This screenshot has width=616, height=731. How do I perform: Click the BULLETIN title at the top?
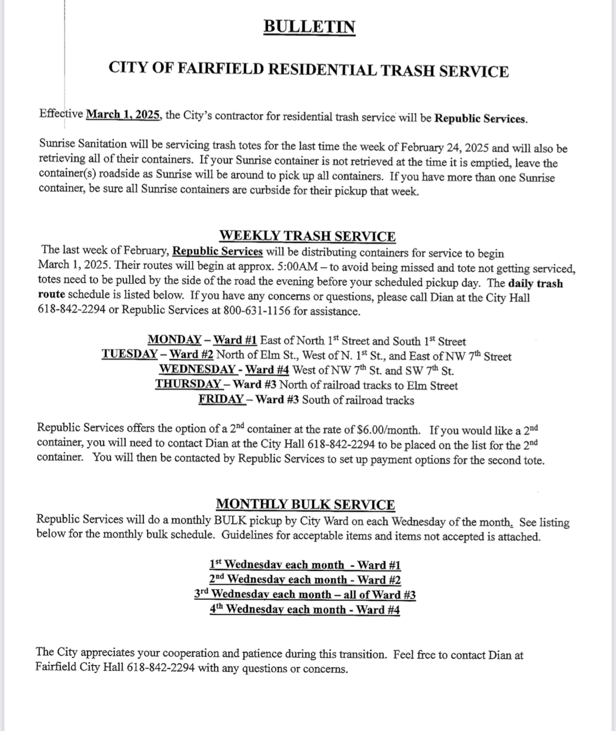click(309, 26)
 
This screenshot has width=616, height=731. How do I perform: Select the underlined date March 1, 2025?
click(124, 115)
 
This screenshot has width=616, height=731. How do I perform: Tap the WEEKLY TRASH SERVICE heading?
click(308, 236)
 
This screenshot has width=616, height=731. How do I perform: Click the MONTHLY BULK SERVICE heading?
click(306, 504)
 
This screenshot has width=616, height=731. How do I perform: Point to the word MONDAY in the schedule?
click(174, 340)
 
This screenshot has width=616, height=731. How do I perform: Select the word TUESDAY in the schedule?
click(129, 354)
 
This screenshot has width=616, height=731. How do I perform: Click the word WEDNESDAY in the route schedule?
click(197, 369)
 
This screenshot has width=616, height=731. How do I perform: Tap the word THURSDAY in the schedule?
click(188, 384)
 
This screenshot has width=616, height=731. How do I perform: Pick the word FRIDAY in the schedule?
click(221, 400)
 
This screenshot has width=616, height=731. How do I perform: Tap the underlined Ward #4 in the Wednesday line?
click(267, 370)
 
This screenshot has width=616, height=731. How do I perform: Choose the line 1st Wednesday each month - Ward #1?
click(305, 565)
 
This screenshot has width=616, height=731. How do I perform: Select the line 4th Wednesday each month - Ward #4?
click(305, 609)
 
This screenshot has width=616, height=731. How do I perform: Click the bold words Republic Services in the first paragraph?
click(480, 118)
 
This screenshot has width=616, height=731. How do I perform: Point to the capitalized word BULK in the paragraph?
click(230, 520)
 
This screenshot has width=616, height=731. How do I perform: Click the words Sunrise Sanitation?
click(83, 144)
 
